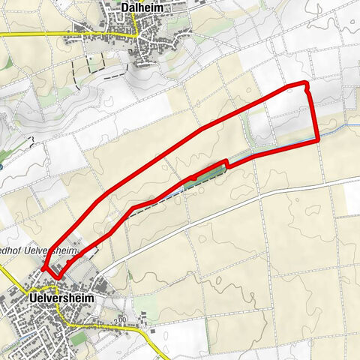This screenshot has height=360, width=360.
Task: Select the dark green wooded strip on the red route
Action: tap(206, 175)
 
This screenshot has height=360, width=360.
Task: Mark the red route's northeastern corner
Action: tap(305, 83)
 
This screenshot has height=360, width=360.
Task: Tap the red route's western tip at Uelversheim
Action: tap(43, 267)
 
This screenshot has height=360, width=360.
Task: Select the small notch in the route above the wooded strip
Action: tap(225, 162)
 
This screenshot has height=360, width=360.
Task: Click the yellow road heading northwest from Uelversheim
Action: tap(15, 278)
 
